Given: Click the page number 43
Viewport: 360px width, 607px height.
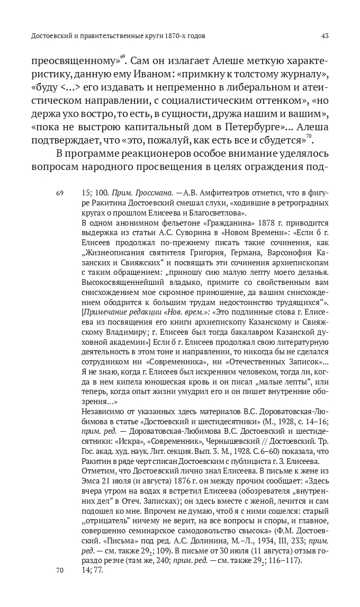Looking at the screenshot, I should [325, 36].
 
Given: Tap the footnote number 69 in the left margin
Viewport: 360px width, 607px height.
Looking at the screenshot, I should [60, 194].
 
